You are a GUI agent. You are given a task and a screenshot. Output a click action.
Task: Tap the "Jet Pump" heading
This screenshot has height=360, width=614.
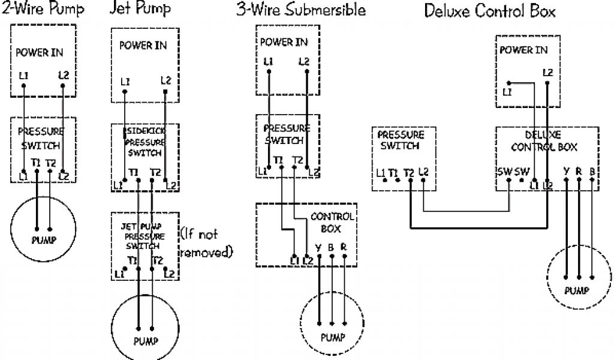pyautogui.click(x=140, y=9)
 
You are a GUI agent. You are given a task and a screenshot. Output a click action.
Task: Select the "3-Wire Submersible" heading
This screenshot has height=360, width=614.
pyautogui.click(x=300, y=10)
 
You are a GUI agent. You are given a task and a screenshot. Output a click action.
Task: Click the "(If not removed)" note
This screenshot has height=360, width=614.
pyautogui.click(x=206, y=243)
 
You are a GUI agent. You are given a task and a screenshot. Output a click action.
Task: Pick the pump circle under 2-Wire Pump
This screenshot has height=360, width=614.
pyautogui.click(x=44, y=228)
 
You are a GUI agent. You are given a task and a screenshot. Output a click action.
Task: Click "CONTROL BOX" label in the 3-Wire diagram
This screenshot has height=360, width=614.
pyautogui.click(x=332, y=222)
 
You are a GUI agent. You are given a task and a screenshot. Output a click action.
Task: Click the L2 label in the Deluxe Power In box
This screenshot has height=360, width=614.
pyautogui.click(x=547, y=73)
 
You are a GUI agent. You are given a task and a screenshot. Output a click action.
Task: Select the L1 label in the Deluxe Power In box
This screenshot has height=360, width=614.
pyautogui.click(x=508, y=92)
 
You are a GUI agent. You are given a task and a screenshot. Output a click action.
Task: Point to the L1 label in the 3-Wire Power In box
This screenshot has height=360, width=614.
pyautogui.click(x=268, y=61)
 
